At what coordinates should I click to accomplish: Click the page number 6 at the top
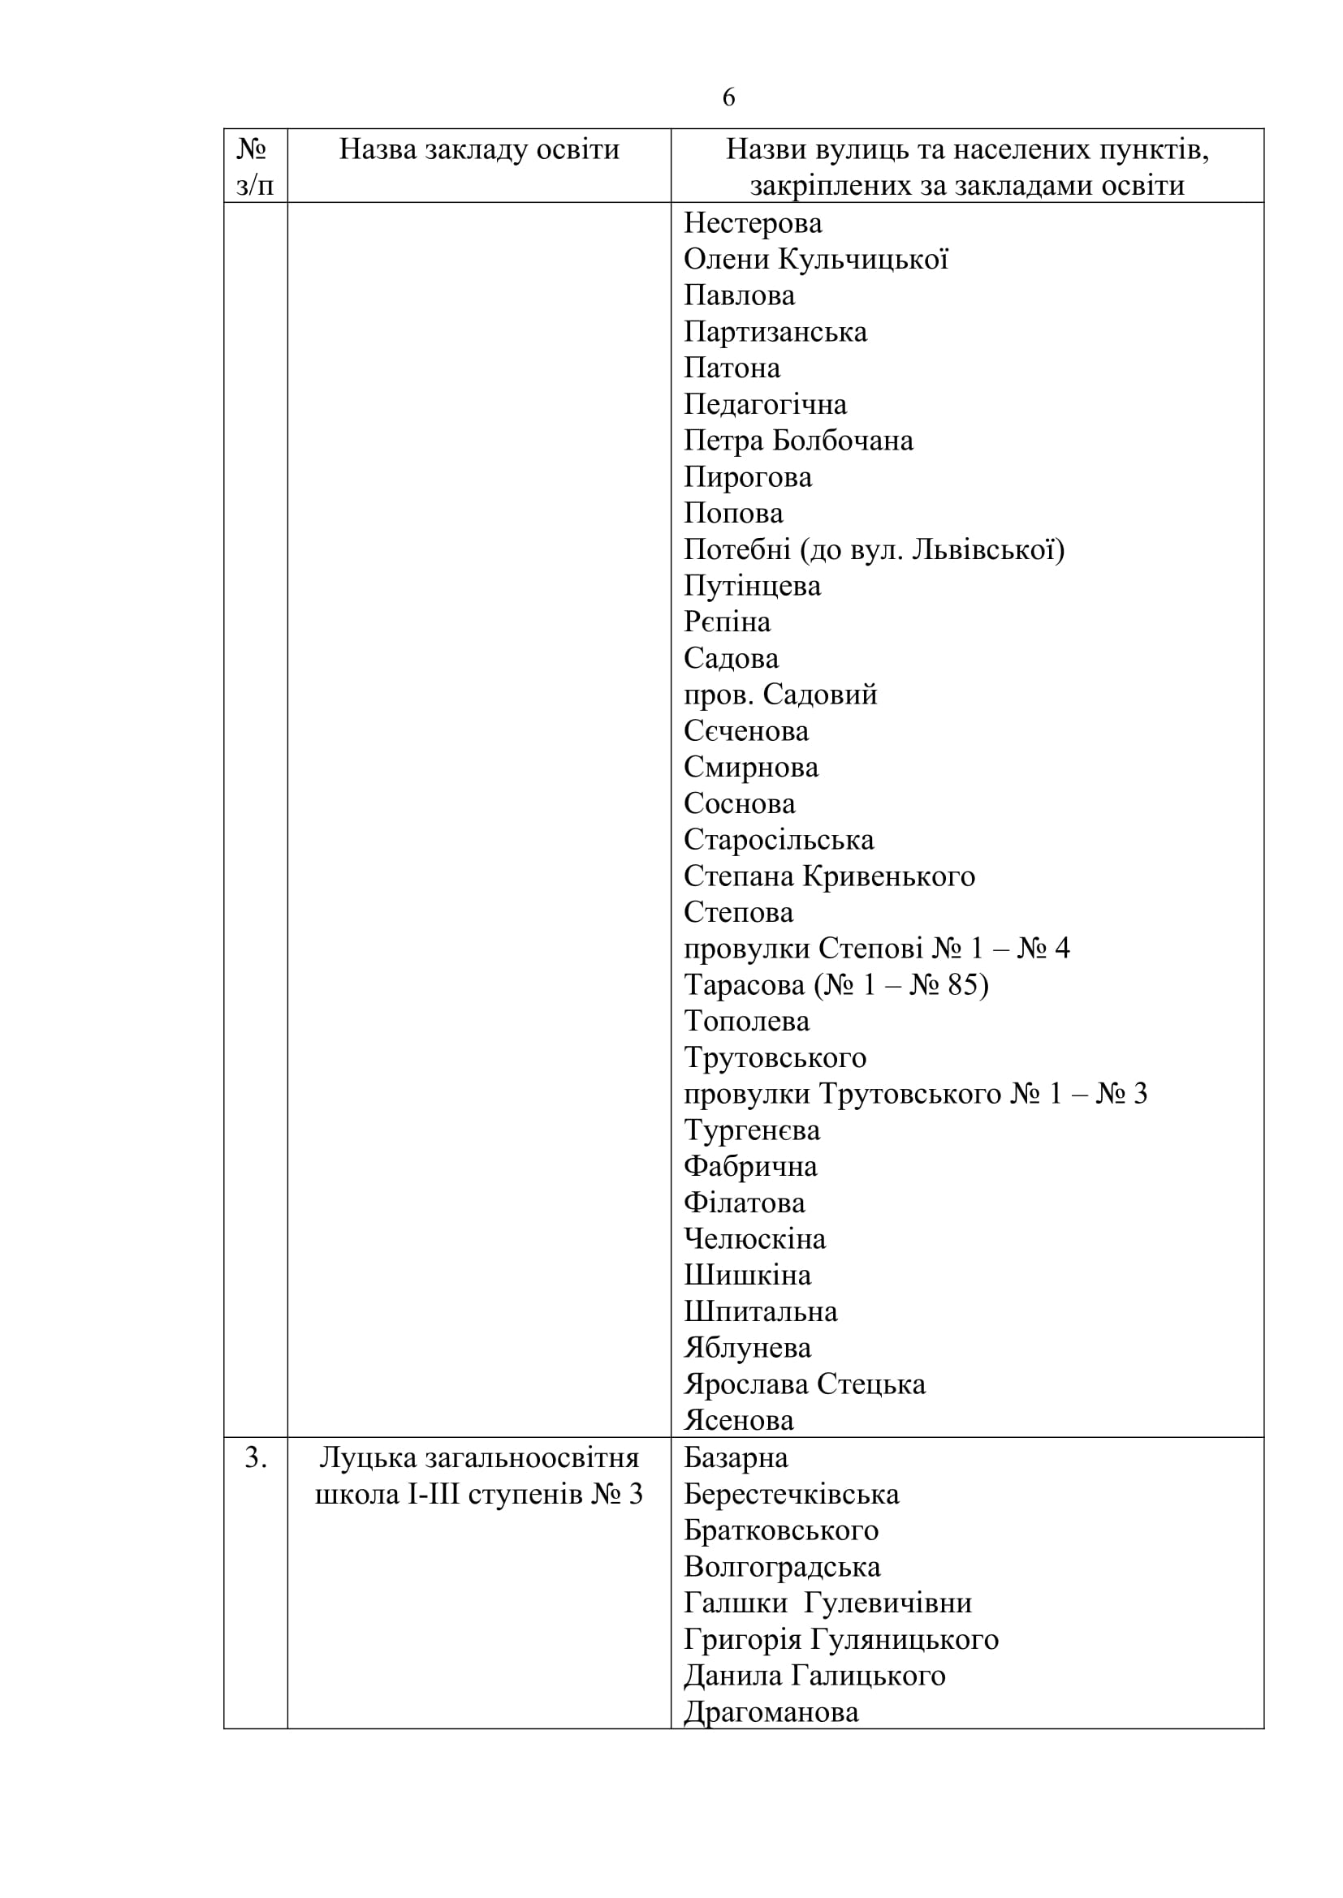(x=728, y=97)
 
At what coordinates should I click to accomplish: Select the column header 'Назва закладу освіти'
(x=479, y=149)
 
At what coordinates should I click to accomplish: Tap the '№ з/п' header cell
(x=255, y=166)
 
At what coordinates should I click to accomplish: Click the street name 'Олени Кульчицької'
(x=815, y=260)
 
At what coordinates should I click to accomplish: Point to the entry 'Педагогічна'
(x=765, y=404)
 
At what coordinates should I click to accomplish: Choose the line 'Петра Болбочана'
(x=798, y=441)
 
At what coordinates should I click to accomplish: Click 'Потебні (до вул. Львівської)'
(x=874, y=549)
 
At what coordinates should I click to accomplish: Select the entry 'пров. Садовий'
(x=779, y=695)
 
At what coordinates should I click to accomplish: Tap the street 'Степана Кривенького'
(x=830, y=876)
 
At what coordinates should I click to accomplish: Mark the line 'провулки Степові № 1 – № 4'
(x=877, y=948)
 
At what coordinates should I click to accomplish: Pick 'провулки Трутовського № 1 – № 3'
(x=915, y=1094)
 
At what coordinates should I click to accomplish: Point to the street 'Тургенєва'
(x=752, y=1130)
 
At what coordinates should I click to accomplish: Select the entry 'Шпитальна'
(x=760, y=1312)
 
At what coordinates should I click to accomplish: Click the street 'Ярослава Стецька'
(x=805, y=1384)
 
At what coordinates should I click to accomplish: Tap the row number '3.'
(x=256, y=1458)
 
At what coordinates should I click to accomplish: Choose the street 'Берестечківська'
(x=792, y=1495)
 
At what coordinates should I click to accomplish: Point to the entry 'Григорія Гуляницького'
(x=841, y=1640)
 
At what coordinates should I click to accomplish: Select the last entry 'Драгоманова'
(x=771, y=1712)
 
